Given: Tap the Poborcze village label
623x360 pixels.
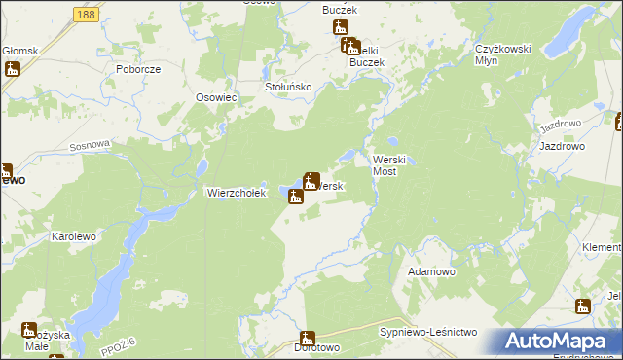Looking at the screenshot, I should (x=137, y=70).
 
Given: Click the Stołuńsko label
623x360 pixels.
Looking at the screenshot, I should (x=288, y=87).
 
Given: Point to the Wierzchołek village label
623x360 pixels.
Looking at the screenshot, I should (x=236, y=193).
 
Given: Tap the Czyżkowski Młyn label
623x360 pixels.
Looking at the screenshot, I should (x=499, y=54).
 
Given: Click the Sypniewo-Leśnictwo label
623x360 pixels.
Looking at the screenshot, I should (x=427, y=333).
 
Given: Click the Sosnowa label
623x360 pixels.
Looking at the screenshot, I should (x=91, y=144).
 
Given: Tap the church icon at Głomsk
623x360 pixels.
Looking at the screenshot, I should (x=13, y=69).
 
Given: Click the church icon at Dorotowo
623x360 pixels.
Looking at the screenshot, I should (x=309, y=340).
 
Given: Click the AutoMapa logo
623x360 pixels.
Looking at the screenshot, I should (x=551, y=342).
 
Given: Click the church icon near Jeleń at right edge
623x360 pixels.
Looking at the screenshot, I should (x=582, y=306).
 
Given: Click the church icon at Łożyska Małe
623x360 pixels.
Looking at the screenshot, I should (x=29, y=330).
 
